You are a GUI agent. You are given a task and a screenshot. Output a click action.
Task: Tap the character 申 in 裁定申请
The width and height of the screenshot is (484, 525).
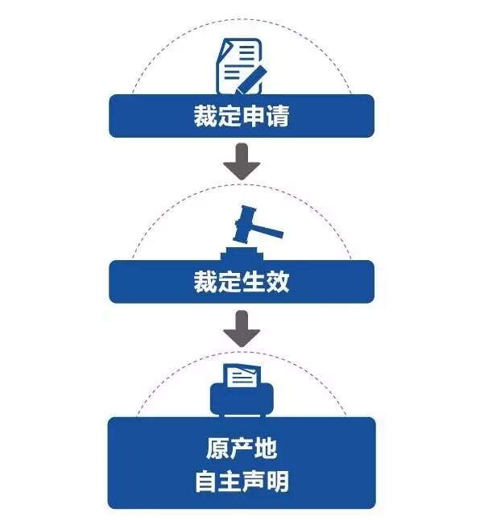tap(254, 117)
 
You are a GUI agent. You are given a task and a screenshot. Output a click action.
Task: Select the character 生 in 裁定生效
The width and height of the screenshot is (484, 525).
tap(254, 282)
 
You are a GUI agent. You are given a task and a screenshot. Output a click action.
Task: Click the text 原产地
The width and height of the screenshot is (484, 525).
tap(242, 449)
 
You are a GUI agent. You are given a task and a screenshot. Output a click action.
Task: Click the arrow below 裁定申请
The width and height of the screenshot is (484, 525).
tap(242, 163)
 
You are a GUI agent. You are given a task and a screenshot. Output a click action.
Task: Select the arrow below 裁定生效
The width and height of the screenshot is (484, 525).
tap(242, 329)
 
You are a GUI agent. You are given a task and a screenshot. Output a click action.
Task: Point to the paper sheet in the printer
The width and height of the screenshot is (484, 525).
tap(242, 377)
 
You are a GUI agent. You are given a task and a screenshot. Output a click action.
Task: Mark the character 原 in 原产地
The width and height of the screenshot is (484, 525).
tap(217, 449)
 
